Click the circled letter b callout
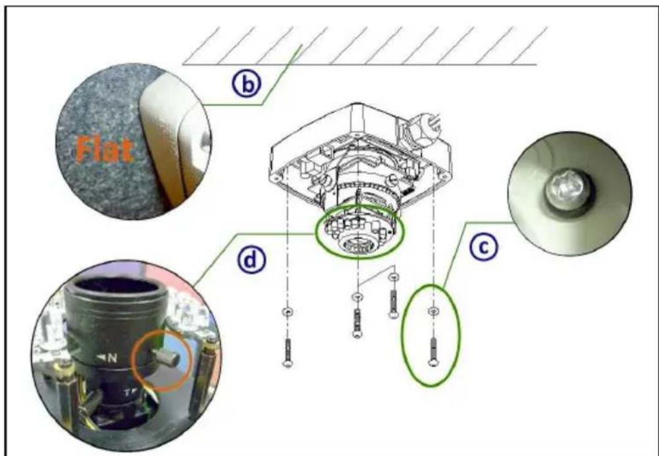point(247,84)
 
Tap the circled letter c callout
point(484,247)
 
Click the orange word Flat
point(105,149)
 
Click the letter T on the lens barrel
point(126,393)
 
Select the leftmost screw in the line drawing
point(288,353)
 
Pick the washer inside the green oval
point(433,311)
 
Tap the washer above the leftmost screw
point(288,312)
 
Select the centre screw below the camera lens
point(357,323)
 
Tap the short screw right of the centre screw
point(394,303)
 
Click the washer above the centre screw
point(357,297)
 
